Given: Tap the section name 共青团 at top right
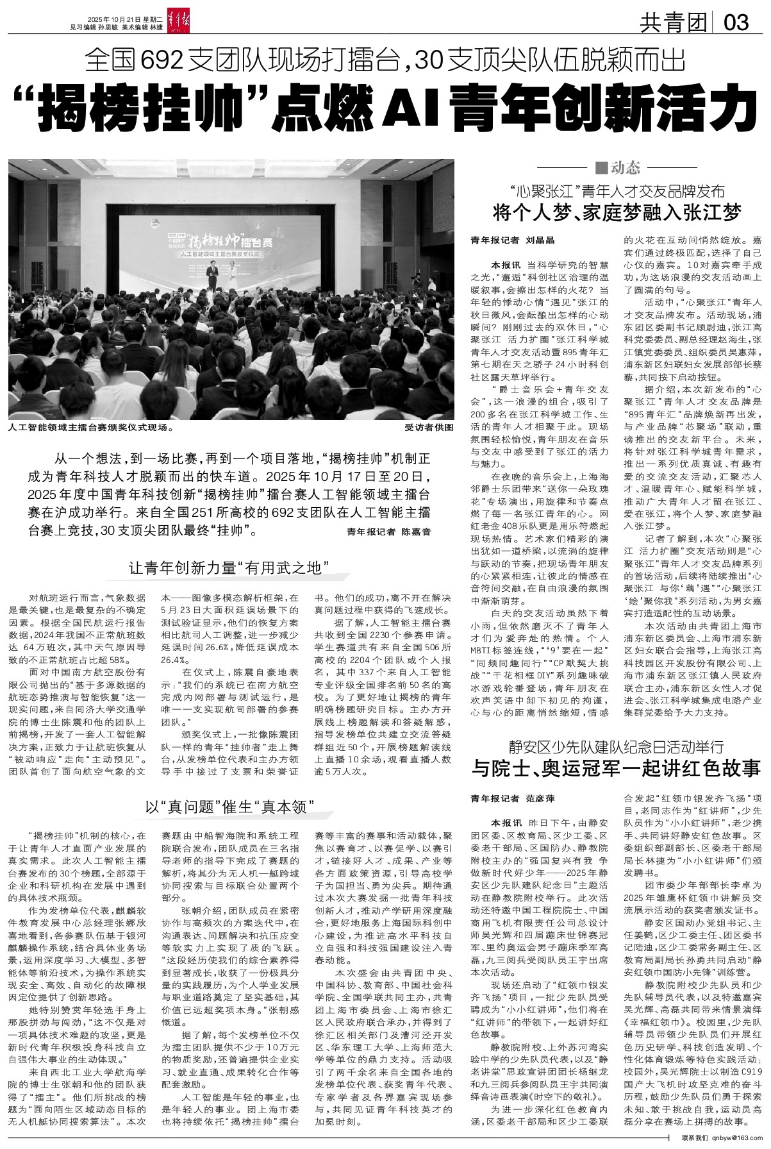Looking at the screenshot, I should [x=673, y=24].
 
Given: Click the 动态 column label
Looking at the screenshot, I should [x=619, y=168].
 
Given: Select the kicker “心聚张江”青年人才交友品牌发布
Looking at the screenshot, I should [x=617, y=191].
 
